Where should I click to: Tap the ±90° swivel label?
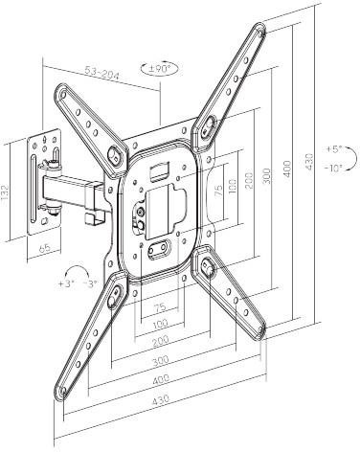click(x=160, y=68)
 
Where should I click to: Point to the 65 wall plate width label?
click(x=45, y=248)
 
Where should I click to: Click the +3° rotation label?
click(x=66, y=283)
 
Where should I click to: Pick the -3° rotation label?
click(x=90, y=283)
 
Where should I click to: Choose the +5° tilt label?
click(x=334, y=149)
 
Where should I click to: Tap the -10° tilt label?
click(x=333, y=168)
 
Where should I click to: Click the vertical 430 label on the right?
click(x=308, y=162)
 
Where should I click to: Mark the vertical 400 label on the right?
click(x=287, y=169)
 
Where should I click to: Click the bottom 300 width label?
click(x=161, y=361)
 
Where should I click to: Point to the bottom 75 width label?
click(x=160, y=307)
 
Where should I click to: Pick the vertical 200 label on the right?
click(x=249, y=180)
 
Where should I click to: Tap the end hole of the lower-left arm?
click(x=63, y=391)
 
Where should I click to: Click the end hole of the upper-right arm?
click(x=261, y=33)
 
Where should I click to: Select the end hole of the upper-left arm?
click(x=63, y=95)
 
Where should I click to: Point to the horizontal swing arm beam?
click(x=74, y=192)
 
